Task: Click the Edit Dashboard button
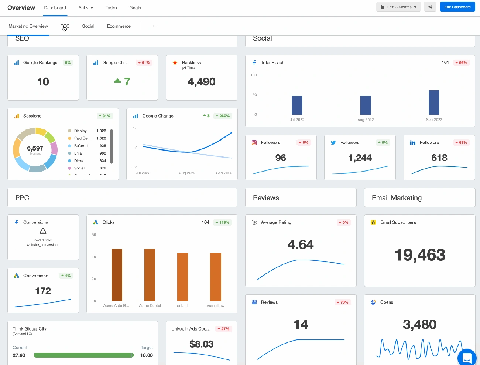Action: (x=457, y=7)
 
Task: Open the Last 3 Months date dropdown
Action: (x=398, y=7)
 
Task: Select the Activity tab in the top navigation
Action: (x=86, y=8)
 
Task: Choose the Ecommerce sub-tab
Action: (x=119, y=26)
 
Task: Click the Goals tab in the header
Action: (x=135, y=8)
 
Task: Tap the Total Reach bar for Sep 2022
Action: (x=434, y=102)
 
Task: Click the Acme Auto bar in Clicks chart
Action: (x=117, y=275)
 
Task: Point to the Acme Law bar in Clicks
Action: (x=216, y=277)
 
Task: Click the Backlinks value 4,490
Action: (x=201, y=82)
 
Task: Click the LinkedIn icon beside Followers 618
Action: (x=413, y=143)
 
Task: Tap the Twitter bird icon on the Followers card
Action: (x=333, y=143)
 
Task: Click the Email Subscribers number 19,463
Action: (x=420, y=255)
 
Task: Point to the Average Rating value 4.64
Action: (x=301, y=244)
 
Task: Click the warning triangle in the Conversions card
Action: (x=43, y=231)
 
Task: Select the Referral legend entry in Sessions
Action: (x=80, y=146)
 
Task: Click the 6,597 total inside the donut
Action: (x=35, y=148)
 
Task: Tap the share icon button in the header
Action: (x=430, y=7)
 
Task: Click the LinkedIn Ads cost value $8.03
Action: (x=201, y=344)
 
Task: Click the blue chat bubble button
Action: (x=467, y=358)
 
